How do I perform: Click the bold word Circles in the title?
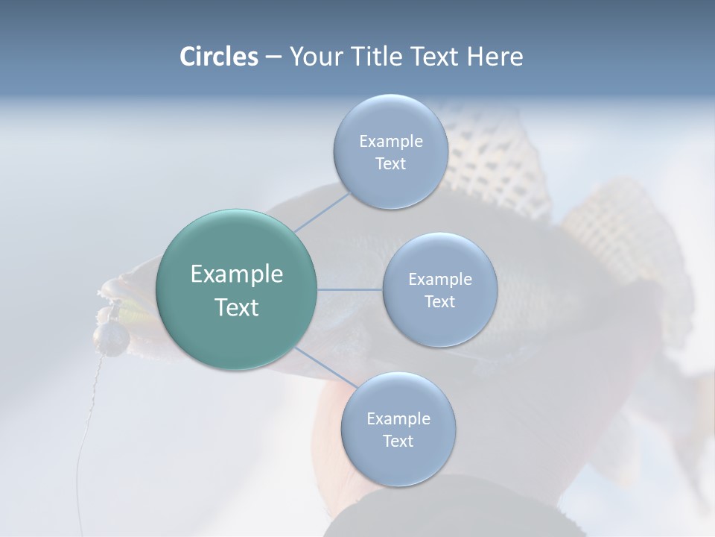click(x=218, y=57)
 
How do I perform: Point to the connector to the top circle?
click(x=322, y=212)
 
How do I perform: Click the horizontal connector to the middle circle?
click(x=349, y=289)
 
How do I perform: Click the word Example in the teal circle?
click(x=236, y=274)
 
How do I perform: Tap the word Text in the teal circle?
click(x=236, y=307)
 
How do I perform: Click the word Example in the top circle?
click(x=390, y=142)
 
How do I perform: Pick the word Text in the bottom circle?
click(x=398, y=441)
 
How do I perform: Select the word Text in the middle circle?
click(x=439, y=301)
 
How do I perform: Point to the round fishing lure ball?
click(x=113, y=339)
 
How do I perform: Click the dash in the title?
click(x=273, y=57)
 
